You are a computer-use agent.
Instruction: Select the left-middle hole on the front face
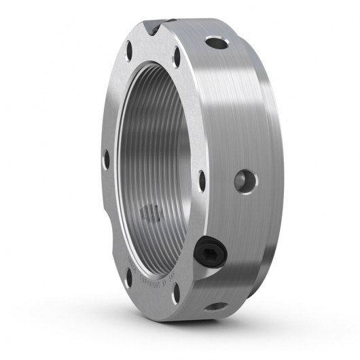click(105, 160)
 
